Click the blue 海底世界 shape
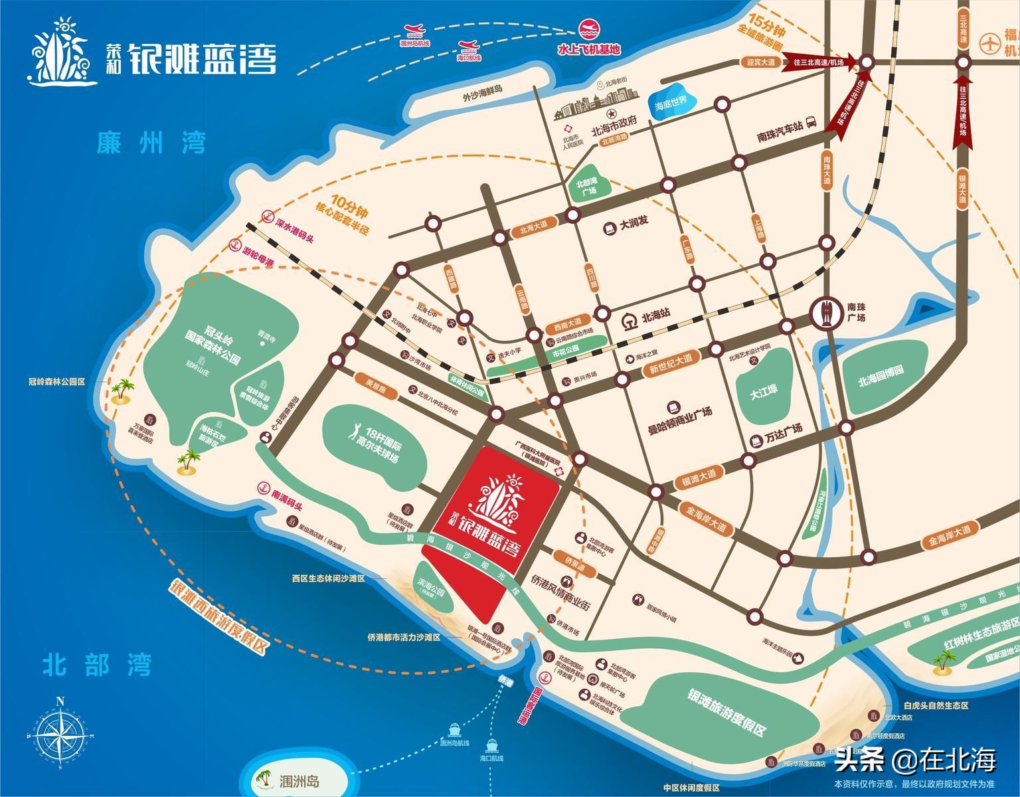tap(673, 103)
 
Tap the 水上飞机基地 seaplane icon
tap(588, 30)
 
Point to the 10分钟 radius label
tap(351, 203)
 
